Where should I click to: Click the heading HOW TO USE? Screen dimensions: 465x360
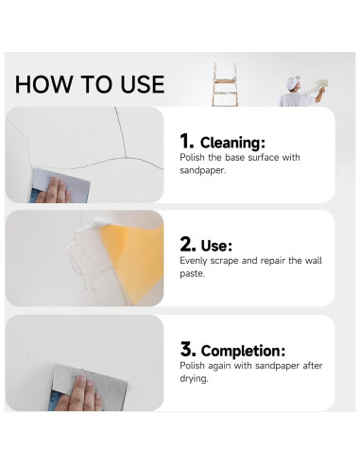90,84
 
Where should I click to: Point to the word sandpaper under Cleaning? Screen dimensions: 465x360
205,170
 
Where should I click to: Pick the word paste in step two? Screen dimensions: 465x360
193,273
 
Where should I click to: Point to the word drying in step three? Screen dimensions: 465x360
195,378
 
